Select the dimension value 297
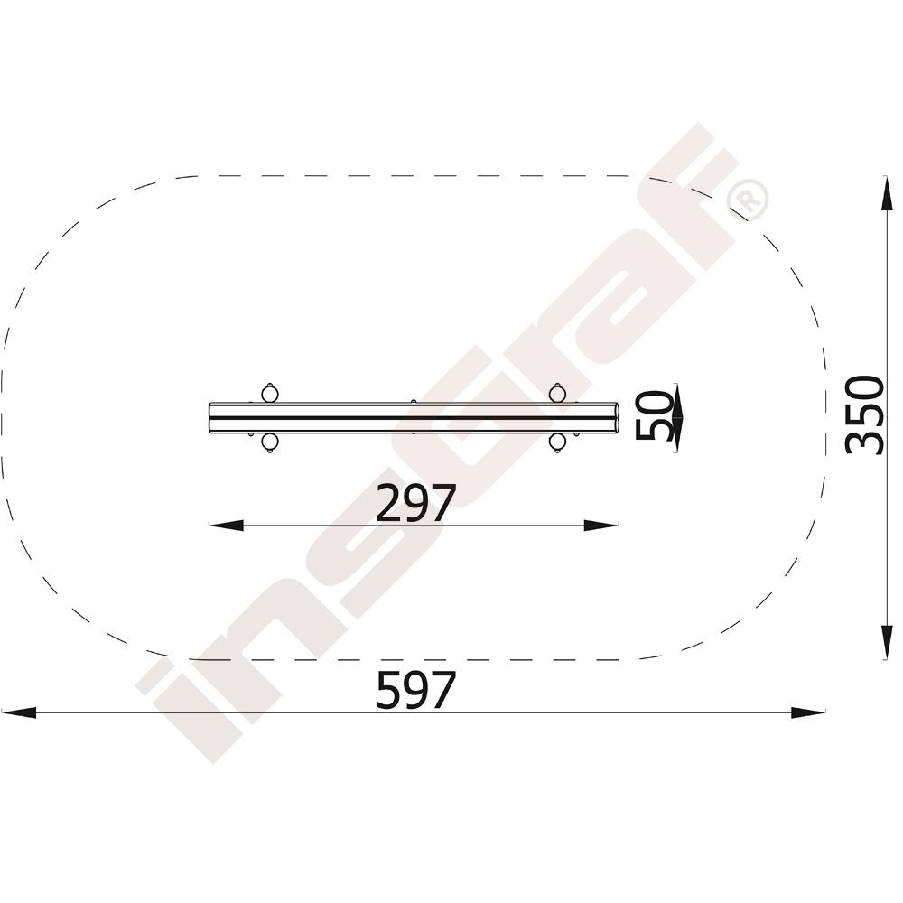[415, 503]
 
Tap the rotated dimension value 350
[865, 414]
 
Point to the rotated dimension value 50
[654, 414]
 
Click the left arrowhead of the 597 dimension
[18, 712]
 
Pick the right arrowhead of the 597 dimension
[808, 712]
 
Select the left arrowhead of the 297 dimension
[227, 526]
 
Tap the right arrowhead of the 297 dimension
[601, 526]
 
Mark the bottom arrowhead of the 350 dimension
[887, 641]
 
